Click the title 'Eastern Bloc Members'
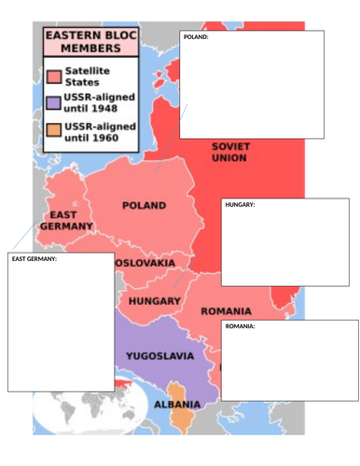click(x=84, y=42)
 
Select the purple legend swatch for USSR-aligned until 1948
click(x=54, y=103)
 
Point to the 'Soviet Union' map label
click(x=228, y=152)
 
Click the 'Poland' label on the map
click(x=144, y=205)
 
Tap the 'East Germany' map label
click(x=66, y=219)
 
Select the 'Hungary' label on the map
click(x=154, y=301)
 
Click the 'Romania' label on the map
click(x=226, y=310)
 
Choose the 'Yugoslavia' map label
click(x=159, y=356)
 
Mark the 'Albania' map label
click(x=176, y=404)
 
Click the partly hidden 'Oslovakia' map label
click(x=145, y=264)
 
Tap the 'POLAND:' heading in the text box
click(x=196, y=37)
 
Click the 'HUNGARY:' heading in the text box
click(x=240, y=205)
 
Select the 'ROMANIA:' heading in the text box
click(x=240, y=326)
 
